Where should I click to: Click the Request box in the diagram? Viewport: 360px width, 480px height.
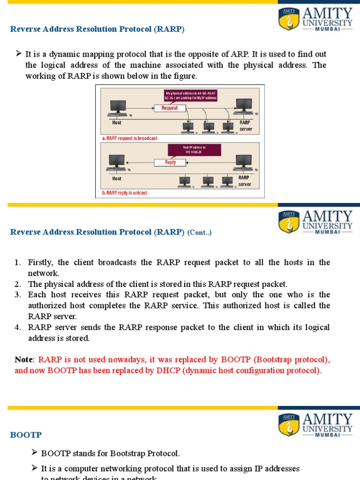(170, 108)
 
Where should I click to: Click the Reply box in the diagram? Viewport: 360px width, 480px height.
(170, 162)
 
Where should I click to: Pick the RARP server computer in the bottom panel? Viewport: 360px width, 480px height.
(243, 163)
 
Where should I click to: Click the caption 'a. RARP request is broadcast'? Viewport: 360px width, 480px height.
(129, 138)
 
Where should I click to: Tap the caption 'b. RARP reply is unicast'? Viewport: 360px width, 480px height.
(125, 193)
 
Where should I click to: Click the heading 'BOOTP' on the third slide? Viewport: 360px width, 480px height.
(26, 435)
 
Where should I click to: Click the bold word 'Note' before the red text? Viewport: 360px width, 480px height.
(23, 360)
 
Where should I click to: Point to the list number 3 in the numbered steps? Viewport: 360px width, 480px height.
(18, 295)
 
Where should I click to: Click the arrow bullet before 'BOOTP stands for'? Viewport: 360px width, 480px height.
(35, 453)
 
